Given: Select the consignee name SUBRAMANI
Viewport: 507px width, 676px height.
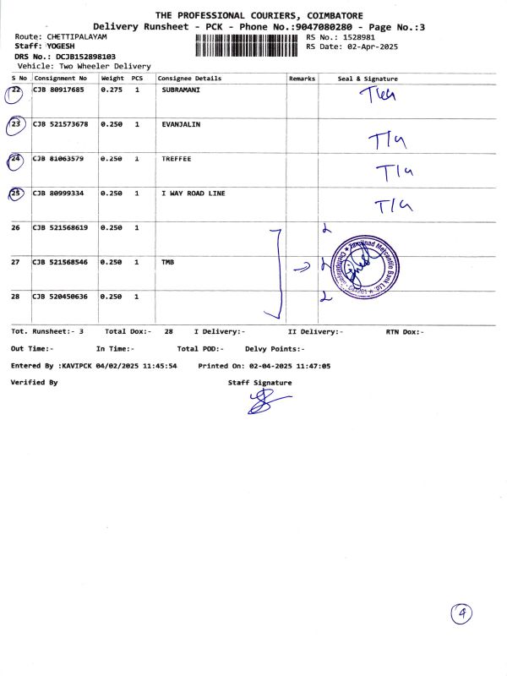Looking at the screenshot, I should tap(181, 89).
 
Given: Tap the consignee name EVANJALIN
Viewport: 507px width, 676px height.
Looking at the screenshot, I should tap(180, 124).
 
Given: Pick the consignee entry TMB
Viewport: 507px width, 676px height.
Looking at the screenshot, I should tap(167, 263).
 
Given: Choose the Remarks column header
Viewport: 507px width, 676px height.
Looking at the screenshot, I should tap(302, 79).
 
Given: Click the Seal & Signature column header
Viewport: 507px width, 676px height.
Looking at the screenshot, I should tap(368, 79).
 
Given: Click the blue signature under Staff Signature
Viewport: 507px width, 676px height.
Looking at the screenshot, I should tap(263, 404).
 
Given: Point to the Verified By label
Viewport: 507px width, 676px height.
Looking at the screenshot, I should tap(34, 383).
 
